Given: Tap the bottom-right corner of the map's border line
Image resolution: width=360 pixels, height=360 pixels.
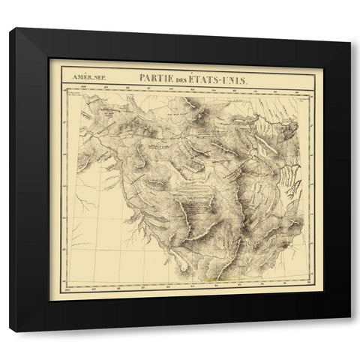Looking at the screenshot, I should pyautogui.click(x=310, y=290).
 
